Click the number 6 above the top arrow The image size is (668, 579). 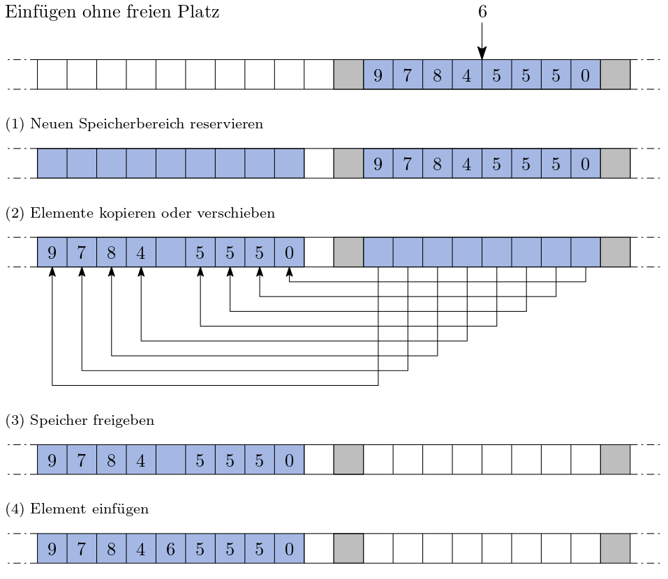click(482, 12)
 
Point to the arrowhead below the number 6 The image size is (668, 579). click(482, 53)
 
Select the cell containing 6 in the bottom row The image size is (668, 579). click(170, 548)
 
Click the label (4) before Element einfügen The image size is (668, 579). click(14, 509)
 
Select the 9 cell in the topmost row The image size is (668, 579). click(378, 75)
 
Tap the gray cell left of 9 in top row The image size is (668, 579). click(348, 75)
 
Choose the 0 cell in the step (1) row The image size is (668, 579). click(586, 163)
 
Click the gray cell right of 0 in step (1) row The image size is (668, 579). click(616, 163)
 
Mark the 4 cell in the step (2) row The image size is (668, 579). click(141, 252)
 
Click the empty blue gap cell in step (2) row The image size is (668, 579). click(170, 252)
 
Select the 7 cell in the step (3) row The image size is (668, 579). click(82, 460)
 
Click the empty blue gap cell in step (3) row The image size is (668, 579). click(170, 460)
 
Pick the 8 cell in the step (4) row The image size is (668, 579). click(111, 548)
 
